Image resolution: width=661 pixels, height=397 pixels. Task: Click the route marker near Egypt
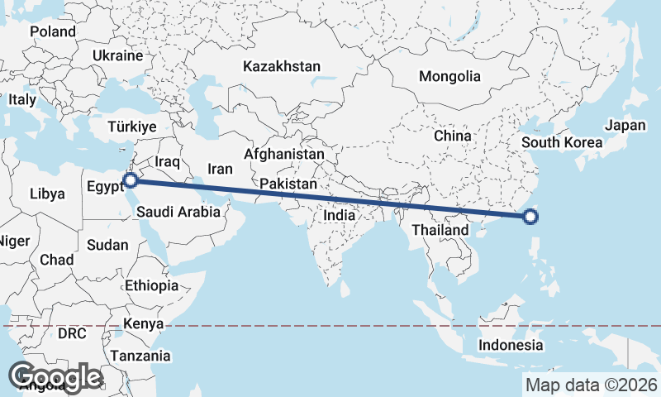click(x=129, y=179)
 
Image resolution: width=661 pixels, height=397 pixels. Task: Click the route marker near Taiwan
click(x=530, y=218)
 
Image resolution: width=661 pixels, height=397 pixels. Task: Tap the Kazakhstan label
click(x=281, y=66)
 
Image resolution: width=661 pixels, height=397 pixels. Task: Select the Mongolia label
click(x=449, y=76)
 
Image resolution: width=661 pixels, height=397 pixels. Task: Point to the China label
click(x=452, y=136)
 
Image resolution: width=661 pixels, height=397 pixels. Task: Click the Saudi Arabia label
click(x=178, y=212)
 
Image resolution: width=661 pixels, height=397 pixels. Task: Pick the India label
click(x=339, y=215)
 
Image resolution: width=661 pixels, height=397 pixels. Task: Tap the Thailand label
click(x=440, y=229)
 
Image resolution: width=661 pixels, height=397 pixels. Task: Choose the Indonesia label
click(x=512, y=345)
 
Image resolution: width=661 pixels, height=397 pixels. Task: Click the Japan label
click(x=625, y=126)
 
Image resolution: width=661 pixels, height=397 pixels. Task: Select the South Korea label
click(x=562, y=142)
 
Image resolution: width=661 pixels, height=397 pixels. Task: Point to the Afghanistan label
click(x=284, y=154)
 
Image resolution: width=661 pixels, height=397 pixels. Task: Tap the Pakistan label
click(x=288, y=183)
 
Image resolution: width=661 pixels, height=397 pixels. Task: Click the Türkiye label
click(x=132, y=127)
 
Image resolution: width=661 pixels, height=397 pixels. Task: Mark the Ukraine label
click(x=117, y=55)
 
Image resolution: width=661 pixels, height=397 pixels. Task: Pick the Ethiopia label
click(x=151, y=285)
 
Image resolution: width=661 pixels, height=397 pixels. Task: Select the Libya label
click(x=46, y=194)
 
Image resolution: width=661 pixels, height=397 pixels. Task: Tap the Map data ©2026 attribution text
click(x=592, y=385)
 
